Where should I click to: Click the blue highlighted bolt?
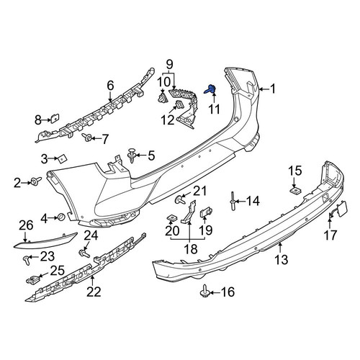click(210, 90)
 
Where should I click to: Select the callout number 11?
click(214, 109)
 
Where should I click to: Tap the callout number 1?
click(273, 89)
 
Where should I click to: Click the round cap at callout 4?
click(61, 217)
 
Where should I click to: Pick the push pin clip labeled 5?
click(132, 156)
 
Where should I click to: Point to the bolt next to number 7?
click(86, 138)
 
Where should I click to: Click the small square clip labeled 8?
click(55, 118)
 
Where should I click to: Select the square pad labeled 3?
click(62, 158)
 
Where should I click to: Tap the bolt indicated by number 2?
click(36, 181)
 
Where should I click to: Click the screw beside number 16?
click(205, 291)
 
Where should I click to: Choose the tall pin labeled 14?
click(233, 201)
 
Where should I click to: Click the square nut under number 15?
click(294, 190)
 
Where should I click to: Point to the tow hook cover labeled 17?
click(338, 210)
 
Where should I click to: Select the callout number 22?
click(94, 292)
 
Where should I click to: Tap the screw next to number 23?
click(27, 260)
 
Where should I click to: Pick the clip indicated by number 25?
click(32, 279)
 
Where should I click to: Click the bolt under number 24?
click(84, 253)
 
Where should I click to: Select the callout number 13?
click(281, 260)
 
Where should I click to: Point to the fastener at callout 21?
click(180, 199)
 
